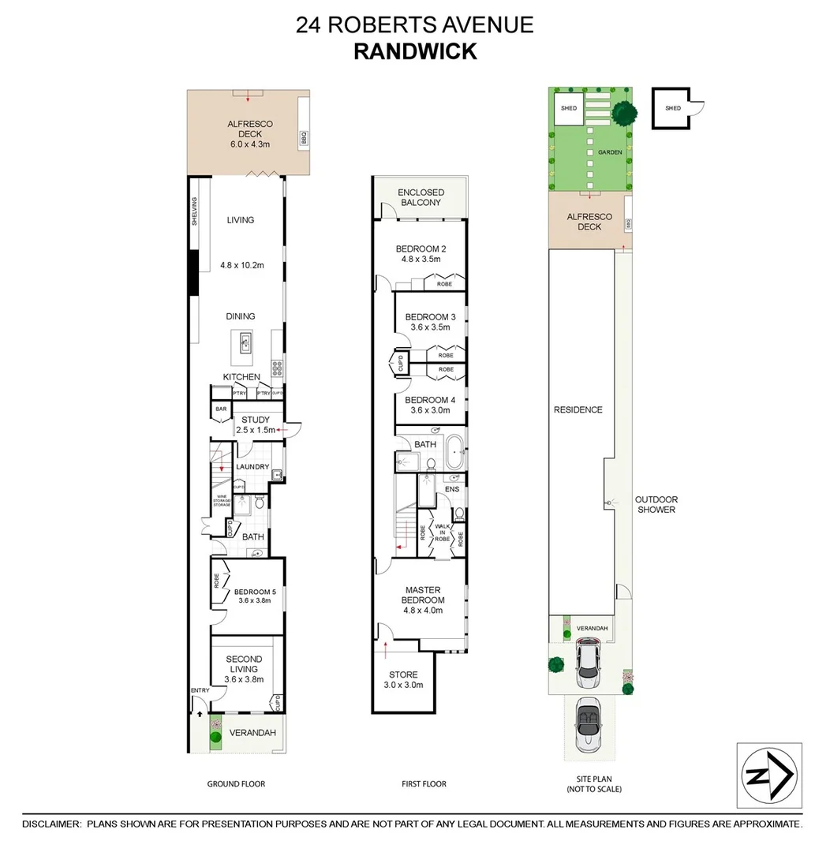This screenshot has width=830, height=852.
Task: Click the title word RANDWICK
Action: point(414,51)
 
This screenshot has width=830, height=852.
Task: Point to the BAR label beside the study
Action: point(220,409)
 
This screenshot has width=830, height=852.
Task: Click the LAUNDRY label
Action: point(252,467)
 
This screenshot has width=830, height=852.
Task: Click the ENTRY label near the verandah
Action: point(200,691)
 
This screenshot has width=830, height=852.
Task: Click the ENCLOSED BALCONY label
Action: point(421,197)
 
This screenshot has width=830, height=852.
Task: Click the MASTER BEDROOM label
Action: point(422,595)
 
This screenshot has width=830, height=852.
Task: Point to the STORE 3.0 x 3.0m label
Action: point(403,679)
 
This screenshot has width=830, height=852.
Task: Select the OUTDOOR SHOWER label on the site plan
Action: point(656,504)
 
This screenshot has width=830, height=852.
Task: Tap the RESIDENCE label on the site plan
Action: point(578,409)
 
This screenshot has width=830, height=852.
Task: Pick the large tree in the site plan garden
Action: point(624,114)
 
